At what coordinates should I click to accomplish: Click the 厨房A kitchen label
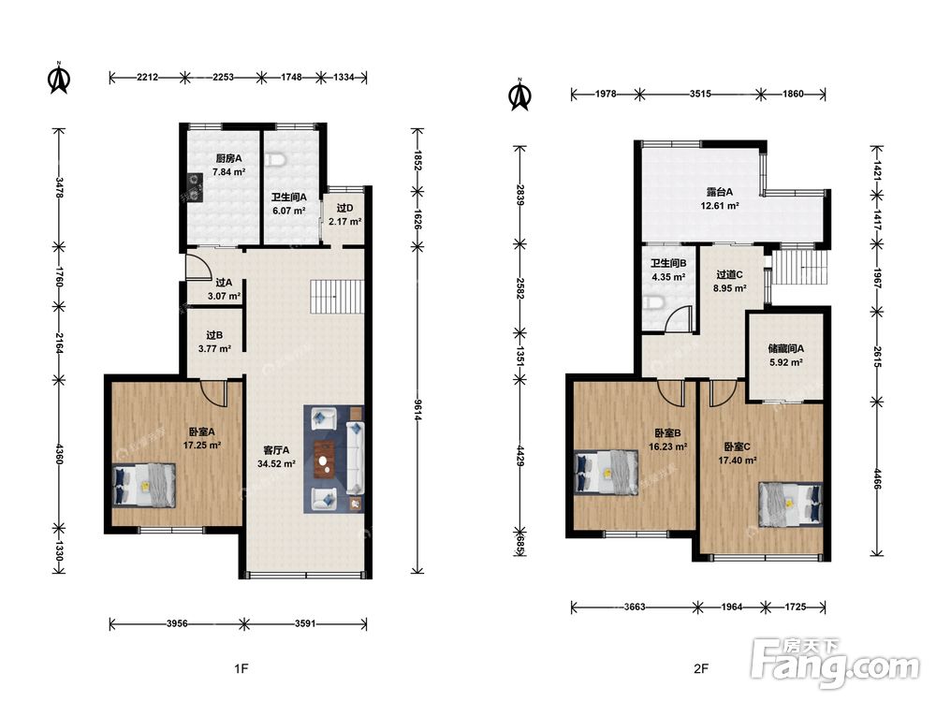pyautogui.click(x=228, y=159)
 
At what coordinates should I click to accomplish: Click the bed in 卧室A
pyautogui.click(x=144, y=485)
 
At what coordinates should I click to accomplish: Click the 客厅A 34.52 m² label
pyautogui.click(x=276, y=457)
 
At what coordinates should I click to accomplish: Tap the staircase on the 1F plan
pyautogui.click(x=337, y=297)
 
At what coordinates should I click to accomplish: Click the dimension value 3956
pyautogui.click(x=177, y=623)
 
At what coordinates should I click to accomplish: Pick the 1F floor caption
pyautogui.click(x=241, y=668)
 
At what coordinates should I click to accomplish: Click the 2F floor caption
pyautogui.click(x=701, y=668)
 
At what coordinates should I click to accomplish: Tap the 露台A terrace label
pyautogui.click(x=719, y=192)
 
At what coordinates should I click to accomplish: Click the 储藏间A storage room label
pyautogui.click(x=785, y=348)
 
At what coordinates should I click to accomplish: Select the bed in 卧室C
pyautogui.click(x=791, y=504)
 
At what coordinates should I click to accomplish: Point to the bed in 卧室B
pyautogui.click(x=606, y=473)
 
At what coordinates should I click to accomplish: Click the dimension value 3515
pyautogui.click(x=700, y=94)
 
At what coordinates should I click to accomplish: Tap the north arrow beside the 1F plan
pyautogui.click(x=59, y=79)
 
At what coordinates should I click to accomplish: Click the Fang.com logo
pyautogui.click(x=836, y=663)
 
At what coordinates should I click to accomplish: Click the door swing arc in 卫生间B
pyautogui.click(x=678, y=317)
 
